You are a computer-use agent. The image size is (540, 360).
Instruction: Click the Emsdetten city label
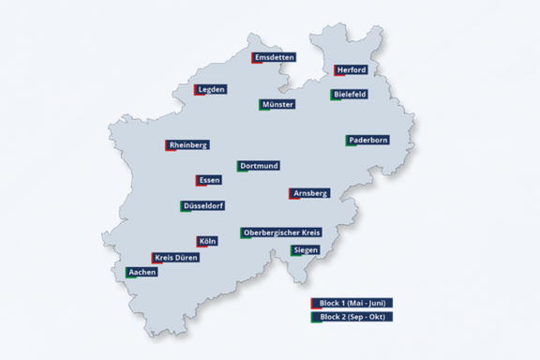click(x=274, y=57)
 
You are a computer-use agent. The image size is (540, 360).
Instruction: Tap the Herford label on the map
click(x=351, y=70)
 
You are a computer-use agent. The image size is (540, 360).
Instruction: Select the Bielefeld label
click(x=350, y=95)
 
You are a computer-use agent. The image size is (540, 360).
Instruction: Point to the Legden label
click(x=211, y=90)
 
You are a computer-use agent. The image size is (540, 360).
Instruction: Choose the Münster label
click(x=277, y=104)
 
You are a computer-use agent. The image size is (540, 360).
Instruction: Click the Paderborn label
click(x=367, y=140)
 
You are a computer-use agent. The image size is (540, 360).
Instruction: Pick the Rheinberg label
click(x=187, y=145)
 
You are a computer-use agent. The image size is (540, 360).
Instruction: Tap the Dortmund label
click(x=258, y=166)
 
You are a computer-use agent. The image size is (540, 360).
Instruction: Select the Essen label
click(x=209, y=180)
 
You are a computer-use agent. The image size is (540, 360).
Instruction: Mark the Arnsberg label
click(x=309, y=193)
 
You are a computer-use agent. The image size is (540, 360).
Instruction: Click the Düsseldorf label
click(x=203, y=205)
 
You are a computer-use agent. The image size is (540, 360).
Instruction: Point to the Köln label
click(x=207, y=241)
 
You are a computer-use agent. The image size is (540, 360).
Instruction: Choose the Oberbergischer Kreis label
click(x=281, y=232)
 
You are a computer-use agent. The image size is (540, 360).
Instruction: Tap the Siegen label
click(x=305, y=250)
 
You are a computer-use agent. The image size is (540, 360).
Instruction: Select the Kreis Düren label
click(x=176, y=257)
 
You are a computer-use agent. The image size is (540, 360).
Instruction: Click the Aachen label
click(x=142, y=272)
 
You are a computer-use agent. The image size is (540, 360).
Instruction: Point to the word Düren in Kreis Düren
click(x=186, y=257)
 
